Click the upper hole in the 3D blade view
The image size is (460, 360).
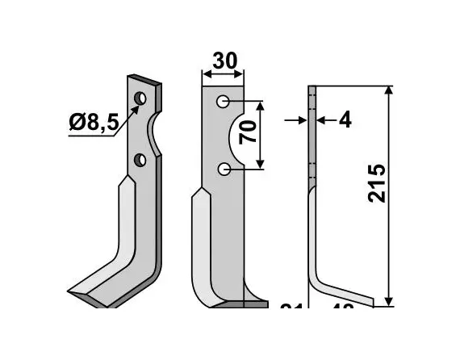[x=141, y=98]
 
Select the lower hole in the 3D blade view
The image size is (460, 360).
[x=140, y=159]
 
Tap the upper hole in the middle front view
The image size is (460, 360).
[x=224, y=103]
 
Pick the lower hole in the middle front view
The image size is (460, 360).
[x=224, y=169]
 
